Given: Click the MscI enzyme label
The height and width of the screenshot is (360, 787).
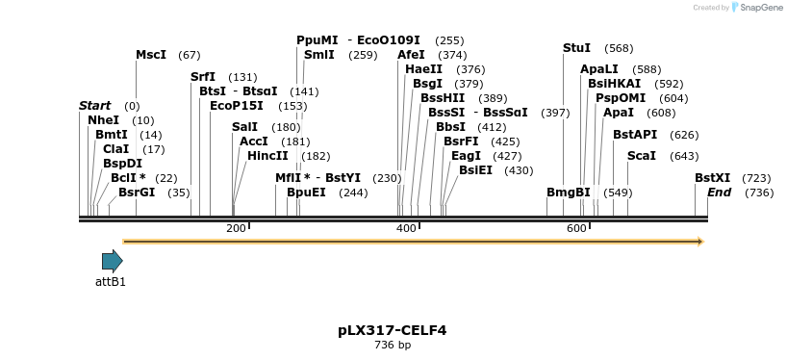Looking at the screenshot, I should pos(151,55).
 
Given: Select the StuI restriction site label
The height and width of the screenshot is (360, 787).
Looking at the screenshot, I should pos(576,48).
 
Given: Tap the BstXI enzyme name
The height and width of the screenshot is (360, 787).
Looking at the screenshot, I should pos(713,178).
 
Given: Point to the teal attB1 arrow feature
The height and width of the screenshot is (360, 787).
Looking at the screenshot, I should pos(112,260).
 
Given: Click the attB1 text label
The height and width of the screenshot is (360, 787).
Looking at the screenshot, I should pos(111,282).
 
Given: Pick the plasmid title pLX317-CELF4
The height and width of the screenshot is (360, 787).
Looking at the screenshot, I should pos(393,330).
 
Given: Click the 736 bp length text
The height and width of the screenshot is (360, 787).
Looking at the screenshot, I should pos(393,345).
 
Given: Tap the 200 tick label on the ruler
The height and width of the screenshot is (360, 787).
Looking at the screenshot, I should pos(236,228).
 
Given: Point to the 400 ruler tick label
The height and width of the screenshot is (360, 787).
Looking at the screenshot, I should pos(406,228).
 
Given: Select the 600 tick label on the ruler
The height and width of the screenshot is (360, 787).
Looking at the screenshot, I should pos(576,228).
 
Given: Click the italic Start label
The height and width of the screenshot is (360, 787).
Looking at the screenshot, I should pos(94,106).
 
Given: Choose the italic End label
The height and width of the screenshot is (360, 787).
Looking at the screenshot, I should pos(719,193).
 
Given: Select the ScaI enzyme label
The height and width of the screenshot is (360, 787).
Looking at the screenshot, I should pos(642,156).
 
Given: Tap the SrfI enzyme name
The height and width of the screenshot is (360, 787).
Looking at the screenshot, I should pos(203,77).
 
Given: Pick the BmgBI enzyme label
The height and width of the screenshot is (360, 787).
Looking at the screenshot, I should pos(569,193).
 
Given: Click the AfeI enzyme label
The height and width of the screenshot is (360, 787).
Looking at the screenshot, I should pos(411,55).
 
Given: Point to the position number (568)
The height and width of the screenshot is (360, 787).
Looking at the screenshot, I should pos(619,48).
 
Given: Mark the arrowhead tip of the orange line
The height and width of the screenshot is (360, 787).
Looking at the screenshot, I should pos(702,241).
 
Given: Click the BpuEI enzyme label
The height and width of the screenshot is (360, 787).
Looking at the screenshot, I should pos(306,193).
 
